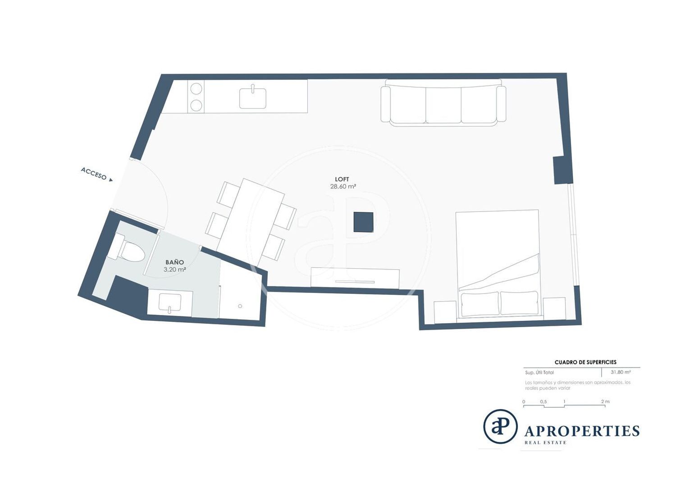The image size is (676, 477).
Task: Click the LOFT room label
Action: [342, 179]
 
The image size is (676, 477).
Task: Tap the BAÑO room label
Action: [174, 262]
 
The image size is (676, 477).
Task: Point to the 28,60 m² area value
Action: [343, 186]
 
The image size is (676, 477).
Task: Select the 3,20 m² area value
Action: [174, 270]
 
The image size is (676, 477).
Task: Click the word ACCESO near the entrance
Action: [94, 174]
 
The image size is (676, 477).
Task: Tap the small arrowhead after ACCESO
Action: [111, 180]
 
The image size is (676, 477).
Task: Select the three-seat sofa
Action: [443, 103]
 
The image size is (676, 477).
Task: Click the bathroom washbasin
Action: [170, 303]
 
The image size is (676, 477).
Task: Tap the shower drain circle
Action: [240, 306]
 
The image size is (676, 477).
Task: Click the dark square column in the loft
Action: [363, 222]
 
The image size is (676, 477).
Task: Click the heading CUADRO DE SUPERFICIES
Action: [585, 362]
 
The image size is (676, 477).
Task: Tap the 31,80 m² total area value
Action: [621, 372]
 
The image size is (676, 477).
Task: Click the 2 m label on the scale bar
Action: [605, 402]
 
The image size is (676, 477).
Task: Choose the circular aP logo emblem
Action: [500, 427]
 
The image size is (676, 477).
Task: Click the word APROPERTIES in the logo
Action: [582, 431]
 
